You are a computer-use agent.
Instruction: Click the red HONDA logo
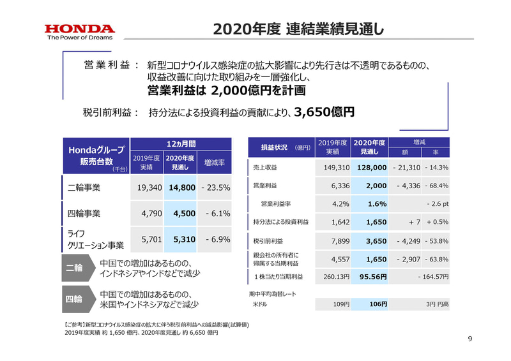point(79,29)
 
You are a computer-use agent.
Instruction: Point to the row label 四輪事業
point(84,214)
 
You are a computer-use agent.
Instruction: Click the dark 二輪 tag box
point(74,268)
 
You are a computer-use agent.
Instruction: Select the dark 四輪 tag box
point(74,298)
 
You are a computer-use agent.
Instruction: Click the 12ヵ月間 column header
point(181,144)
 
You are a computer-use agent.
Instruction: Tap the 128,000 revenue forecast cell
point(370,167)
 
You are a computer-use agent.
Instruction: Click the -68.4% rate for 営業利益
point(436,186)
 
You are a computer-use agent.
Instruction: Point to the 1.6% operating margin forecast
point(376,204)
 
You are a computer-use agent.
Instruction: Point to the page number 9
point(469,339)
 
